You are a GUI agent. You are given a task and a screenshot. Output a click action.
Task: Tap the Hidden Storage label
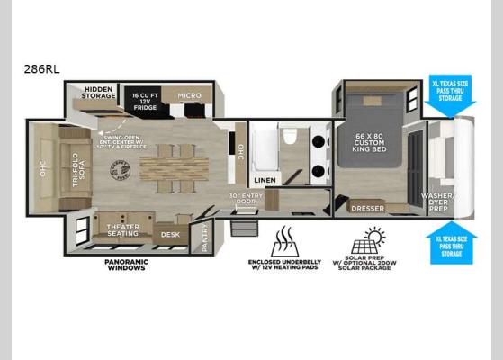click(x=98, y=94)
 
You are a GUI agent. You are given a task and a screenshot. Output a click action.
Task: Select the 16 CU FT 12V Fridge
click(x=147, y=98)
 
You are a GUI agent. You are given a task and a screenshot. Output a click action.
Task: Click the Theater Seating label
click(x=123, y=230)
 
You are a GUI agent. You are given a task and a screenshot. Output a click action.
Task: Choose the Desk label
click(x=169, y=234)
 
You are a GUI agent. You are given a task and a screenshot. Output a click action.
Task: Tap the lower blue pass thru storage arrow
click(x=446, y=238)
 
